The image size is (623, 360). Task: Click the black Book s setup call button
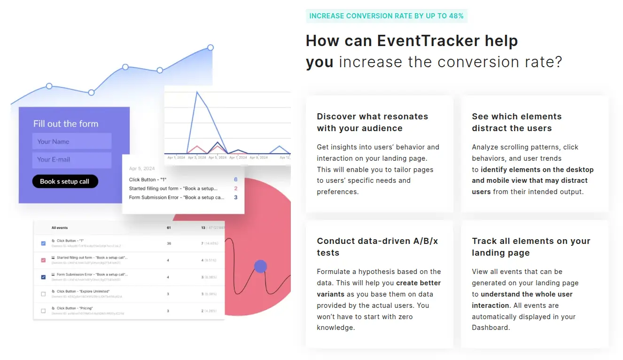(65, 181)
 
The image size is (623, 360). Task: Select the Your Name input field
(71, 141)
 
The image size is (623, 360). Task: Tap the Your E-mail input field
(71, 160)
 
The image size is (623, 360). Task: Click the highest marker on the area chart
(210, 47)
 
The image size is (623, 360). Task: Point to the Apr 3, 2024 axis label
(197, 158)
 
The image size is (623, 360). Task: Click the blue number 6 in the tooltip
(235, 180)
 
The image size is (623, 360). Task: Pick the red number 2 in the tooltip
(235, 188)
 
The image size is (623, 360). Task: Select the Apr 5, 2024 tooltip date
(142, 168)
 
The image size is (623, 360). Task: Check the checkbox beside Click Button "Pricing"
(44, 311)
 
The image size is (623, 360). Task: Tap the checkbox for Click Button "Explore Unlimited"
(44, 294)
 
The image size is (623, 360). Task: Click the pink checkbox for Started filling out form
(44, 260)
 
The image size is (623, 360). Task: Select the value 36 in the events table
(169, 243)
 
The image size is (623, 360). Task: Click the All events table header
(59, 228)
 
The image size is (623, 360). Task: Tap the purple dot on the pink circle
(260, 266)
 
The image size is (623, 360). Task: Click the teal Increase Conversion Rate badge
(386, 16)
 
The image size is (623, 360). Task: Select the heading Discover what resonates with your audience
(372, 122)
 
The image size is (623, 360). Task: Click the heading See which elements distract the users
(516, 122)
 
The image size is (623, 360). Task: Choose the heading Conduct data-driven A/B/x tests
(377, 247)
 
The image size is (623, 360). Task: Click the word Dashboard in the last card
(490, 328)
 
